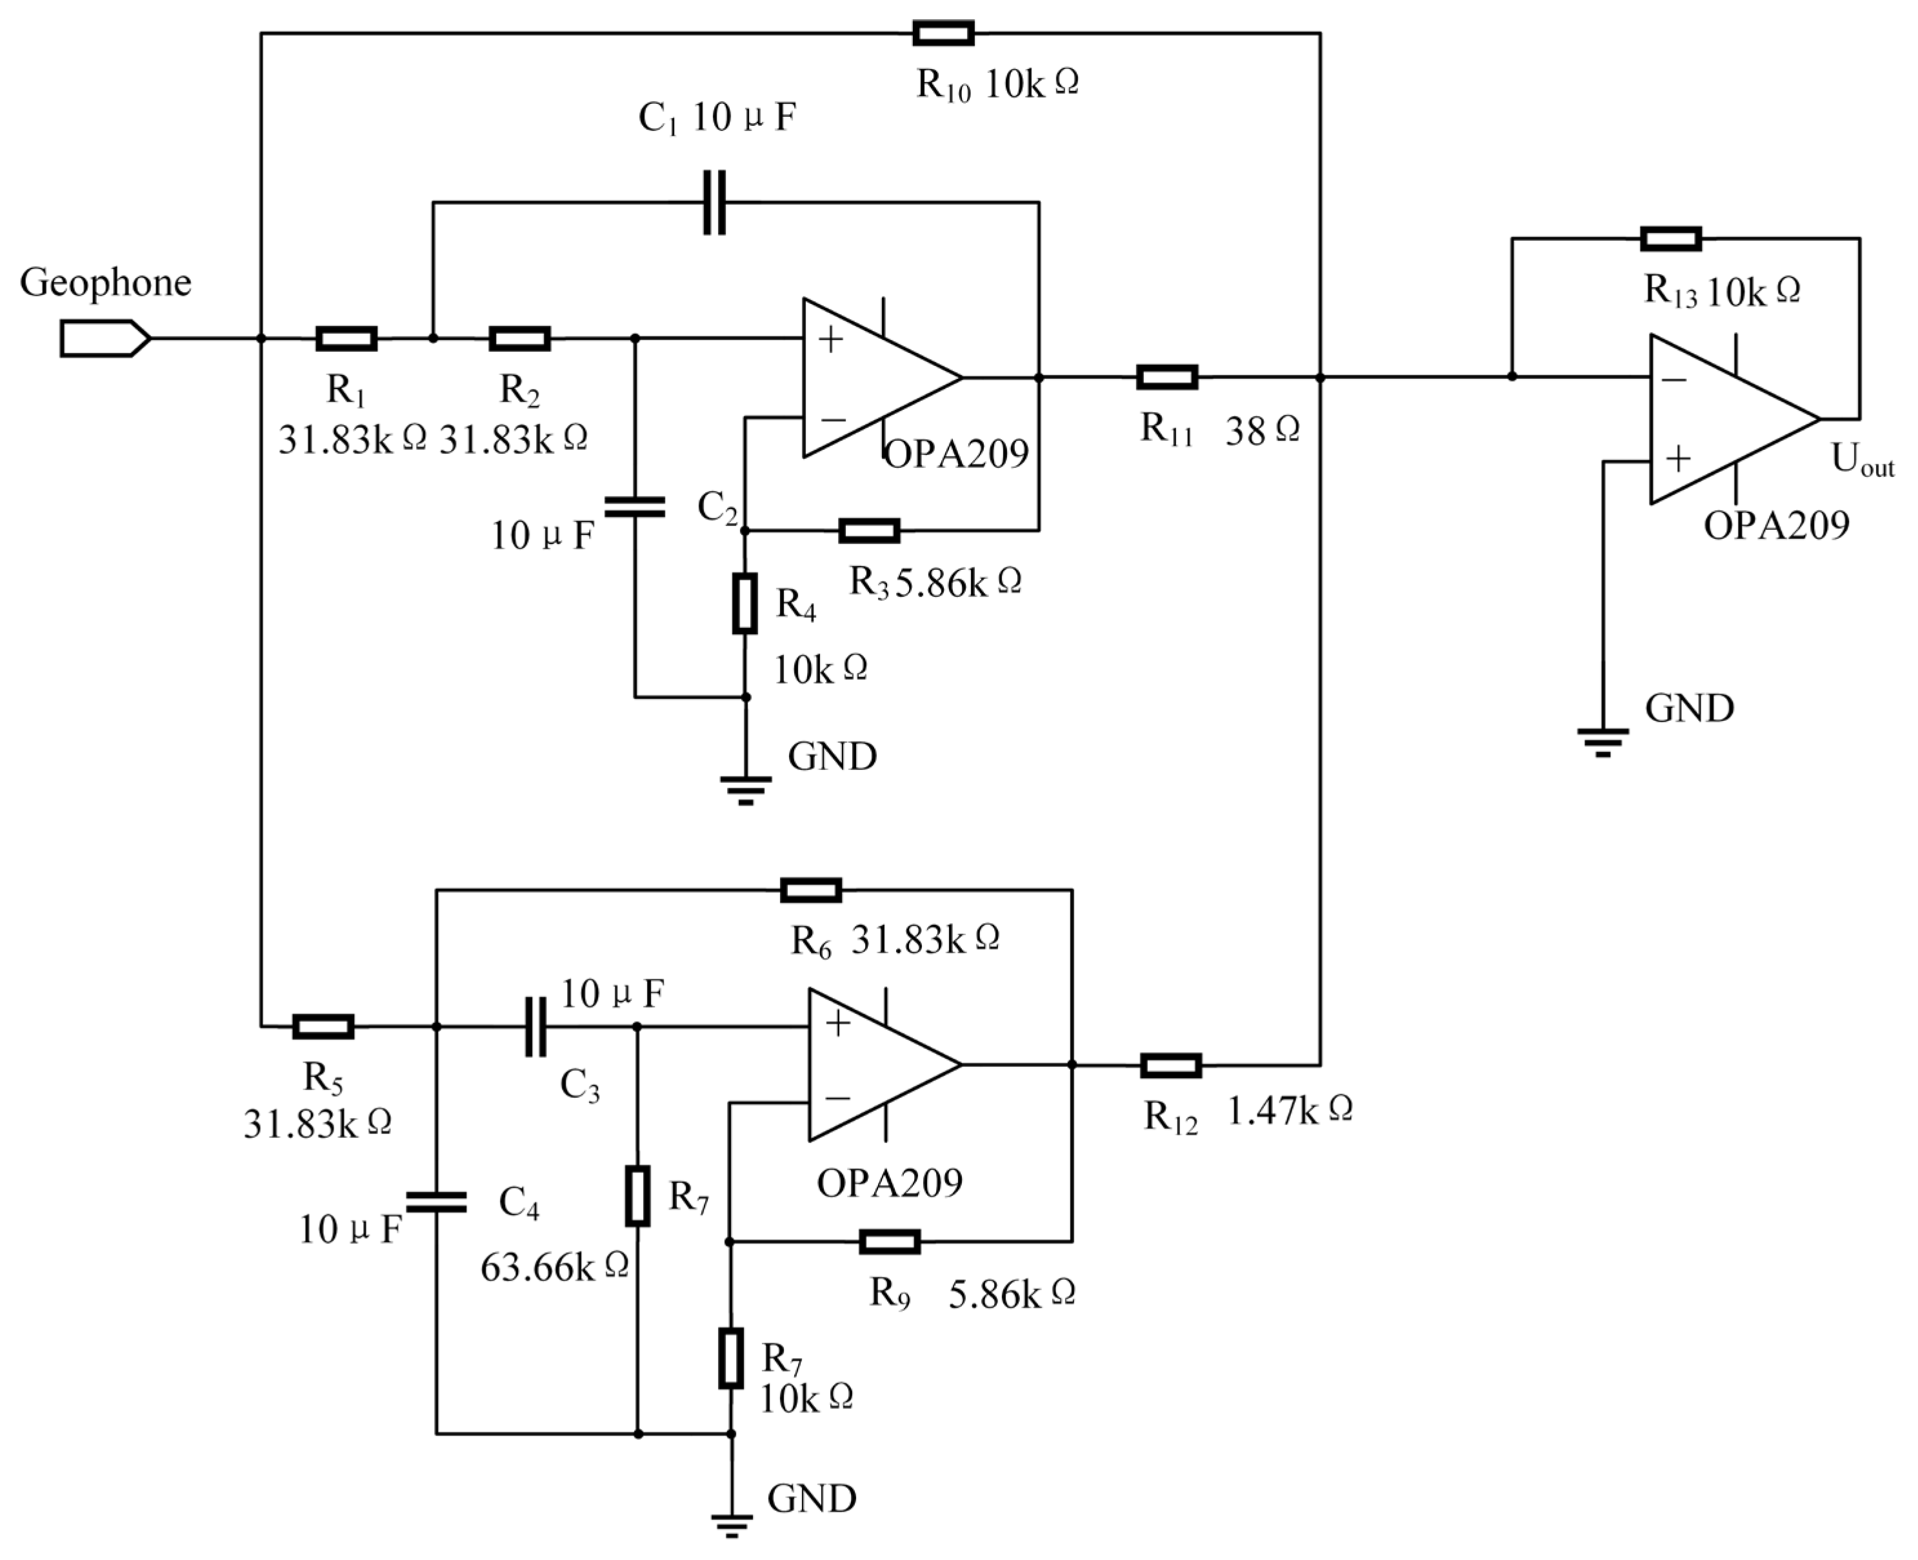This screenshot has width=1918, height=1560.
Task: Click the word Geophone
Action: [x=105, y=282]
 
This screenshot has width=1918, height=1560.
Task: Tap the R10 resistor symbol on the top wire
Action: [x=943, y=34]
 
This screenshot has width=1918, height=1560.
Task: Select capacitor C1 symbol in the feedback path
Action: [x=714, y=202]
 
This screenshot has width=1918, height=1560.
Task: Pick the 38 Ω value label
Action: [x=1262, y=431]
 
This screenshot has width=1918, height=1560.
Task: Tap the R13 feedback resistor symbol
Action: [x=1670, y=238]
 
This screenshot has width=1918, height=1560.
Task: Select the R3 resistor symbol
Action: [x=869, y=530]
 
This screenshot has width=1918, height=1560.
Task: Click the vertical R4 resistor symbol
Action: [x=744, y=603]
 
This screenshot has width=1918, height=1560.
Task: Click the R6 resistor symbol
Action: [x=810, y=889]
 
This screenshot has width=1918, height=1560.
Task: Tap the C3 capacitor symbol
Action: [x=535, y=1026]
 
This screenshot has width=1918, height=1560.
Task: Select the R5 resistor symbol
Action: [x=323, y=1026]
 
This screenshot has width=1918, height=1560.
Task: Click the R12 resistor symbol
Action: [x=1170, y=1065]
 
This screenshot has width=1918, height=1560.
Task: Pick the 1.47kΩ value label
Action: [x=1289, y=1111]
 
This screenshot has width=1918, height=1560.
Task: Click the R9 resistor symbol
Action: [x=890, y=1241]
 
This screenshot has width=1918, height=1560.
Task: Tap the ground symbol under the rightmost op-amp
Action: [x=1603, y=742]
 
